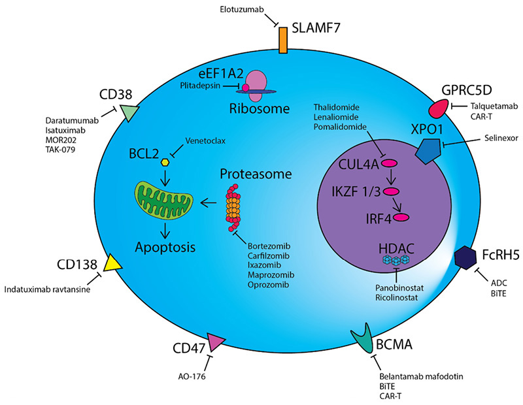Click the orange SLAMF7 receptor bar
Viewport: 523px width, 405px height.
pos(284,40)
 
